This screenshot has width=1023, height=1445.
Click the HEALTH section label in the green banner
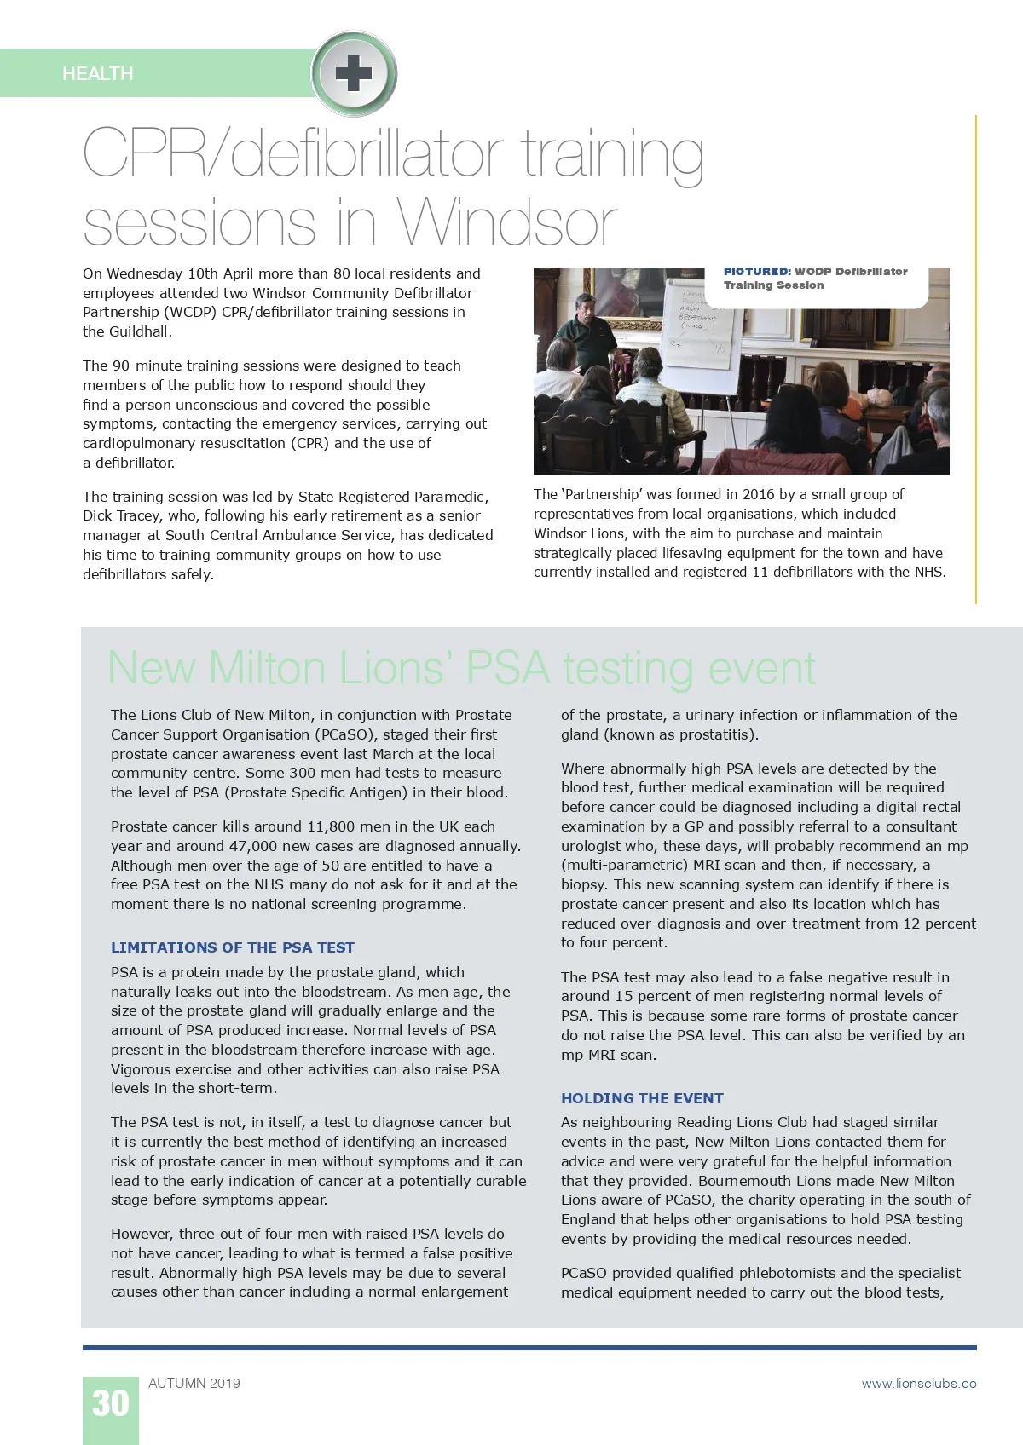(x=97, y=74)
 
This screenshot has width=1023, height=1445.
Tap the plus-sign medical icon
(x=353, y=73)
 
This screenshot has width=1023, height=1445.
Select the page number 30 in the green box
(x=111, y=1403)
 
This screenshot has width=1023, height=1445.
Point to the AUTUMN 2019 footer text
(x=194, y=1383)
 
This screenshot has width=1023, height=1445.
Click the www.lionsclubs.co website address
(x=918, y=1383)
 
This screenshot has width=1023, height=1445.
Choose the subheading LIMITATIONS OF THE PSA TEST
(x=232, y=947)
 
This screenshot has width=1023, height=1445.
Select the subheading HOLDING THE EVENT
(x=642, y=1098)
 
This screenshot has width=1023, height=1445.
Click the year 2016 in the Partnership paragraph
(x=759, y=494)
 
